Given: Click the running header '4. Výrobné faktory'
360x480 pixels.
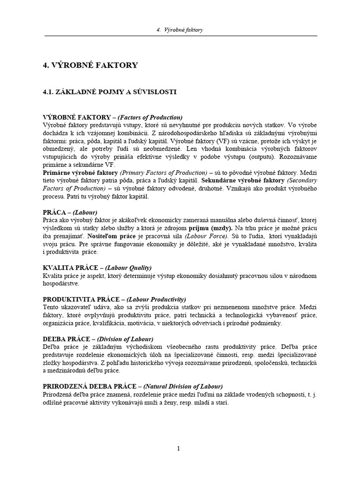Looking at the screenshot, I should coord(180,30).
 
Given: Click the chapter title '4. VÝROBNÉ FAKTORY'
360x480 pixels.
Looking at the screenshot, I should coord(90,65).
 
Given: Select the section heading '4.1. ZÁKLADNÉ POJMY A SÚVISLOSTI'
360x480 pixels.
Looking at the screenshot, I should coord(109,92).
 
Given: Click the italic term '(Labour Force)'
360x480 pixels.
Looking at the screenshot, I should coord(207,236).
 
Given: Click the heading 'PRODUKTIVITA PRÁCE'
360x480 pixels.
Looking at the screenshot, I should coord(82,299).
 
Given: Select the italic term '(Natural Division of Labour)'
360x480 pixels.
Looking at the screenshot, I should coord(183,387).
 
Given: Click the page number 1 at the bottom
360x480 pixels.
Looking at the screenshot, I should coord(179,449).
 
